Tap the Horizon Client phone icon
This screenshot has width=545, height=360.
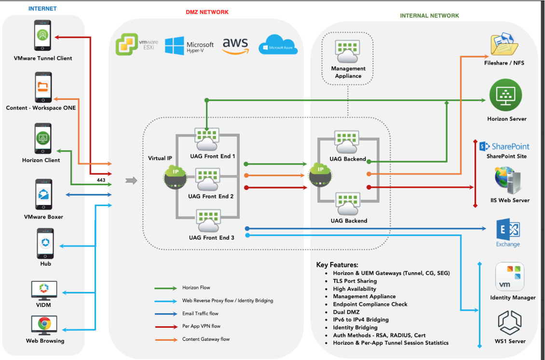tap(43, 138)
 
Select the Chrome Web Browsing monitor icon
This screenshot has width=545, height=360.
tap(44, 325)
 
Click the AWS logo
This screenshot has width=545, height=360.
tap(235, 45)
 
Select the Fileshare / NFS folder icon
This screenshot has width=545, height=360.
tap(504, 45)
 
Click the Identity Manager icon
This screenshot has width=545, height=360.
tap(510, 277)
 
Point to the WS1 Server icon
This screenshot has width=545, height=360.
tap(510, 322)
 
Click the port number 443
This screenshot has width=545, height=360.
tap(101, 180)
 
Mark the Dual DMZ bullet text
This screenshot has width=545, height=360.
tap(346, 312)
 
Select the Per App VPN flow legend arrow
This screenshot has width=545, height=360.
tap(165, 326)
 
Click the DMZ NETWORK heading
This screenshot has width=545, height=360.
tap(207, 12)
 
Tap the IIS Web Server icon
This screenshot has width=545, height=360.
tap(507, 180)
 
